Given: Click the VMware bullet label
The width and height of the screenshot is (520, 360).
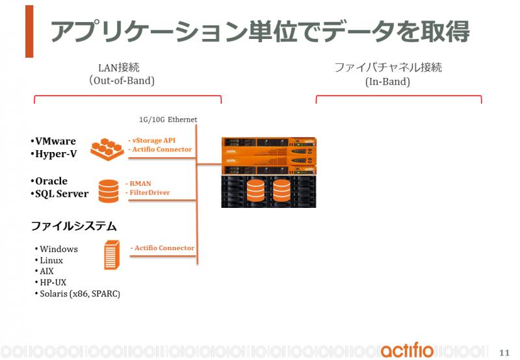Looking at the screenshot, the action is click(x=53, y=141).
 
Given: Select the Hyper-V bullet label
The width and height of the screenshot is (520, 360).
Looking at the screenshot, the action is click(x=54, y=154).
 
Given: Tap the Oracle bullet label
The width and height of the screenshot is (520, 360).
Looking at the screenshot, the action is click(x=49, y=181).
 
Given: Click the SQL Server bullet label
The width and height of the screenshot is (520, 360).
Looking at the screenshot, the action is click(x=60, y=194).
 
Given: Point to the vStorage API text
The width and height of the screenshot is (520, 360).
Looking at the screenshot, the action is click(x=152, y=140).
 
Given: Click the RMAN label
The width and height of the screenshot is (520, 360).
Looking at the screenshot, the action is click(x=138, y=183).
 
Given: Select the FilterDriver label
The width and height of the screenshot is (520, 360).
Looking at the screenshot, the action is click(x=148, y=192).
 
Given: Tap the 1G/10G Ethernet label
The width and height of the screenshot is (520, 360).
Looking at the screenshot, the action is click(x=168, y=120).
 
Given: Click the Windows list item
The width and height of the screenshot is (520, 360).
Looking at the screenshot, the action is click(x=57, y=249).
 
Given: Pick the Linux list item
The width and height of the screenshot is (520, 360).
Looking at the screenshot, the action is click(x=49, y=260).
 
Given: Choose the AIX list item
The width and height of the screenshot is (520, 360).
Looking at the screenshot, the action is click(x=44, y=271).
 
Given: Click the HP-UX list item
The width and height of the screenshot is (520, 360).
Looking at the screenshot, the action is click(x=51, y=283).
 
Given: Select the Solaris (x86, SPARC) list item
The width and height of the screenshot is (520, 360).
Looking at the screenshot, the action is click(x=77, y=294).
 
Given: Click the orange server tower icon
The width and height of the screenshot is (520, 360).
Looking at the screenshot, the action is click(x=112, y=255).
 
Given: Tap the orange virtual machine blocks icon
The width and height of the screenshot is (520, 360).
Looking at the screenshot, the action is click(x=107, y=149).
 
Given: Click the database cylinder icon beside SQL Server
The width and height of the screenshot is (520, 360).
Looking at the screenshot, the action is click(x=109, y=191).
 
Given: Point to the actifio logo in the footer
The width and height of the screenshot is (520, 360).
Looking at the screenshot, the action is click(x=408, y=350).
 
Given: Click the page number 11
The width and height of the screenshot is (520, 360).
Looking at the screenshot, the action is click(x=504, y=352).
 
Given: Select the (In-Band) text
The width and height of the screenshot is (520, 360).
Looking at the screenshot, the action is click(x=387, y=81).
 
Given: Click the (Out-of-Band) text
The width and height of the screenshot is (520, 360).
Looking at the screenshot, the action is click(x=122, y=81).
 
